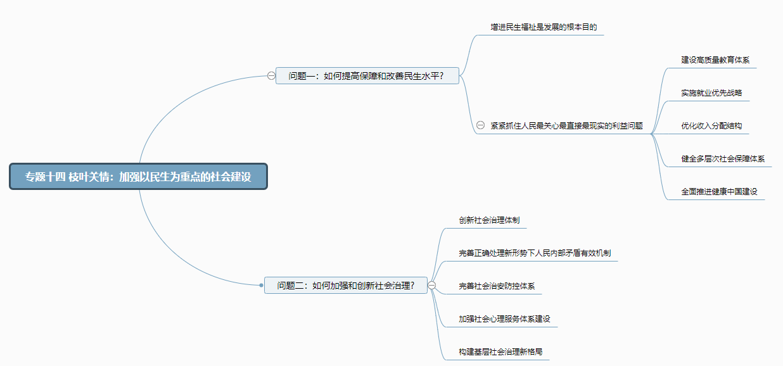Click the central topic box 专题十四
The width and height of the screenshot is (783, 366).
(138, 177)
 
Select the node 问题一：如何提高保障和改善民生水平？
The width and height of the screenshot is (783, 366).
(367, 76)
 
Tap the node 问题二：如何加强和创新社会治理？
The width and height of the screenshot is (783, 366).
(346, 286)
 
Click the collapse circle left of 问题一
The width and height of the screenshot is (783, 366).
(271, 76)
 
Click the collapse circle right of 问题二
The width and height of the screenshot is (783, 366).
(432, 286)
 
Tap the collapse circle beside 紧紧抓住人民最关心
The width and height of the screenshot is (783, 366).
(480, 125)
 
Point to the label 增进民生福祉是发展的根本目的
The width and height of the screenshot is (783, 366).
(544, 27)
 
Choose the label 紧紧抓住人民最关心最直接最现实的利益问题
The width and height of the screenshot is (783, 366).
(566, 125)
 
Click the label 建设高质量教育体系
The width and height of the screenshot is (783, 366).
(715, 60)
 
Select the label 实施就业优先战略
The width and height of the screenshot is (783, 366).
(711, 92)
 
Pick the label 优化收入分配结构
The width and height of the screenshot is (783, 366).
(711, 125)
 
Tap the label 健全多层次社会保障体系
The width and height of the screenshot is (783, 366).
(723, 158)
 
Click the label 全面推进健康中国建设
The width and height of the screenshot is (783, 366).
(719, 191)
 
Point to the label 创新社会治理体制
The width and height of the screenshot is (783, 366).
(489, 220)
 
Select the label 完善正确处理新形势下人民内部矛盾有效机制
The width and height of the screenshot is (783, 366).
(535, 253)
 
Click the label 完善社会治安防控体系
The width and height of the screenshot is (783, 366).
(497, 286)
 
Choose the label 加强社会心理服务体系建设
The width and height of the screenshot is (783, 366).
(504, 319)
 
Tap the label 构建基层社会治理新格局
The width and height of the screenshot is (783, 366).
(500, 351)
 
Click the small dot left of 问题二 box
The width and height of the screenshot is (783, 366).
(261, 286)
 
